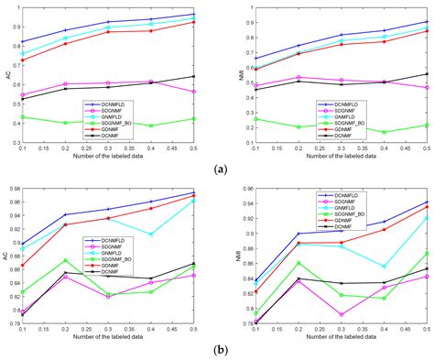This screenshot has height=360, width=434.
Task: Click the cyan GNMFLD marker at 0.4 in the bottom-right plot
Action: [384, 266]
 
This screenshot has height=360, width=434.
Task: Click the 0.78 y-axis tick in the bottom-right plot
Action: [243, 323]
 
